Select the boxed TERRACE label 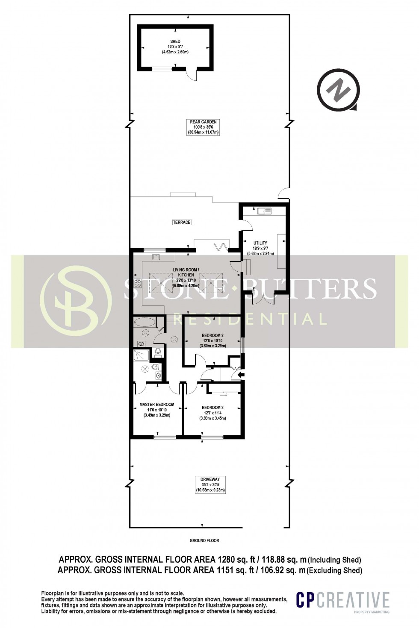[182, 222]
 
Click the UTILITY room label [260, 243]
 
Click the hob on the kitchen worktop [138, 282]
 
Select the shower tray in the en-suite [142, 355]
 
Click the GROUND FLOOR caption [204, 540]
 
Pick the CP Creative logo [343, 600]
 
